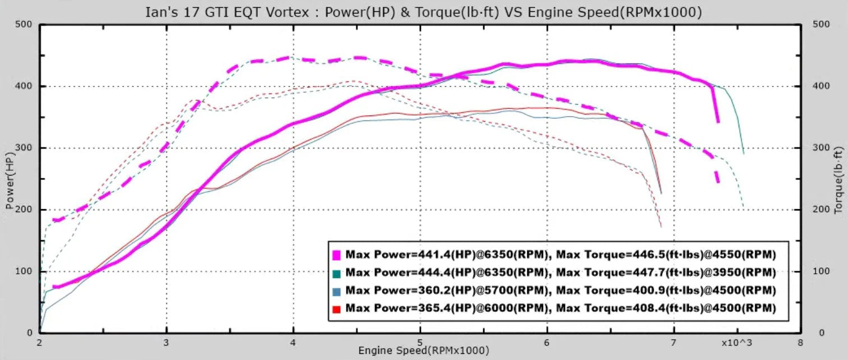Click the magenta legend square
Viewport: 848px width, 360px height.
point(337,255)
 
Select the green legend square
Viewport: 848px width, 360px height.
point(337,273)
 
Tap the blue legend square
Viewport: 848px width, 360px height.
point(337,291)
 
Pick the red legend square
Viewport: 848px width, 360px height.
point(337,309)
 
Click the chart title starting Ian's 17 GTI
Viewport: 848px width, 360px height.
point(424,12)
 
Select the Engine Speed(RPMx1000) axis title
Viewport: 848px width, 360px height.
point(424,350)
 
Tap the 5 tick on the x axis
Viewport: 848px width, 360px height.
point(420,342)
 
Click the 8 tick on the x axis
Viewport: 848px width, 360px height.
point(800,342)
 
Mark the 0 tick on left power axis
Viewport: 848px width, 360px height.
point(30,333)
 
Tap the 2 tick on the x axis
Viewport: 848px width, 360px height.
point(40,342)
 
